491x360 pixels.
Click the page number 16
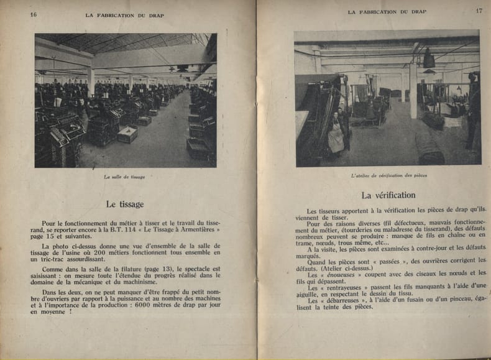click(33, 14)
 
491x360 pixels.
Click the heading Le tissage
click(124, 204)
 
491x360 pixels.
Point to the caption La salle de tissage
click(124, 177)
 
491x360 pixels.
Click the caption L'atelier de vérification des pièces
click(388, 175)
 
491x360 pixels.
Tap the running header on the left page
click(124, 14)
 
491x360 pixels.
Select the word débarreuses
click(343, 301)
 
